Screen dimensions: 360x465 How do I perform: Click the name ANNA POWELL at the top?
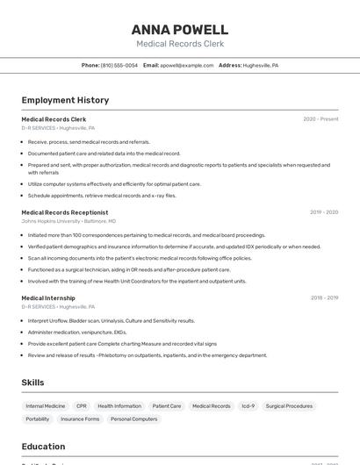coord(179,30)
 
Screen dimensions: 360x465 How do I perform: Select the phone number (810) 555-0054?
coord(119,65)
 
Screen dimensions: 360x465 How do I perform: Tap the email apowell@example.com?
coord(187,65)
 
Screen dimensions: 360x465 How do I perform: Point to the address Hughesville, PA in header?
coord(261,65)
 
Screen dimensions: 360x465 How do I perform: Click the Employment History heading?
coord(65,100)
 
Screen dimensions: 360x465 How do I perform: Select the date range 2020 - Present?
coord(320,118)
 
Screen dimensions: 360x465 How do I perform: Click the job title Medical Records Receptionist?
coord(65,212)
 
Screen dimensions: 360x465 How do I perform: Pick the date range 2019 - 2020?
coord(323,212)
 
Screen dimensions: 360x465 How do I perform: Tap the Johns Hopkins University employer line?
coord(68,222)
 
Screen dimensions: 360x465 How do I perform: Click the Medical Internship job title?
coord(48,298)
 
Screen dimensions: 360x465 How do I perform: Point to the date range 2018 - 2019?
coord(323,298)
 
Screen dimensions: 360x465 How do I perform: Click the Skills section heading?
coord(33,383)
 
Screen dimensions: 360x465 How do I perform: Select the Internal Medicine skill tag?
coord(46,406)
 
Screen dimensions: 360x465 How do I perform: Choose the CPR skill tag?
coord(82,406)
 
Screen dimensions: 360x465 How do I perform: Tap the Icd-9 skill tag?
coord(248,406)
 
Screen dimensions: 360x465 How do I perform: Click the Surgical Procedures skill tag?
coord(289,406)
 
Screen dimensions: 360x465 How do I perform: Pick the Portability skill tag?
coord(38,419)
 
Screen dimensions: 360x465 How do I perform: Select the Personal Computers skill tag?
coord(133,419)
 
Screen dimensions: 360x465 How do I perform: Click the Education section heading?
coord(43,447)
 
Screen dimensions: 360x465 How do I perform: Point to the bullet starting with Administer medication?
coord(77,333)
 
